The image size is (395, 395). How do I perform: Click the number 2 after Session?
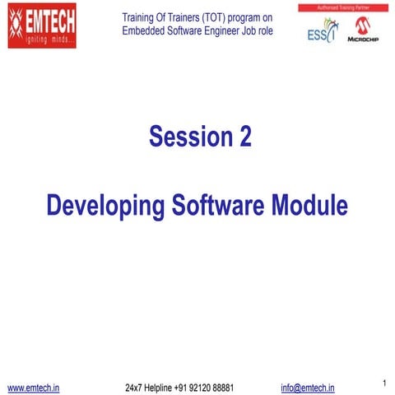tap(244, 137)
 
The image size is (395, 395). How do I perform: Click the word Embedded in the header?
tap(146, 31)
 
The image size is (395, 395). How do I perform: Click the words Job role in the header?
tap(260, 31)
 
